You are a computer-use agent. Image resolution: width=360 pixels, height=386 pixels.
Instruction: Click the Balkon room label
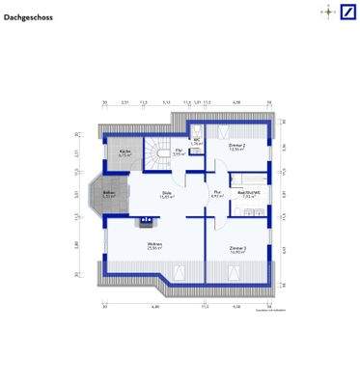click(x=108, y=193)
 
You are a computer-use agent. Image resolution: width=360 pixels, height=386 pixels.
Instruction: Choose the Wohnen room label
click(x=153, y=245)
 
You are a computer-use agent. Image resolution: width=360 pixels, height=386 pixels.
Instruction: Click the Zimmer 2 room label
click(x=236, y=146)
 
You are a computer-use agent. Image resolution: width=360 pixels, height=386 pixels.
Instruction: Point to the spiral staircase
click(x=155, y=151)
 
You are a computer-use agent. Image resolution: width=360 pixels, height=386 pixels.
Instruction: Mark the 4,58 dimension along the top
click(x=236, y=100)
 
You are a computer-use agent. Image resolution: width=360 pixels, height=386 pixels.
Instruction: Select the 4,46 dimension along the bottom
click(x=153, y=306)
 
